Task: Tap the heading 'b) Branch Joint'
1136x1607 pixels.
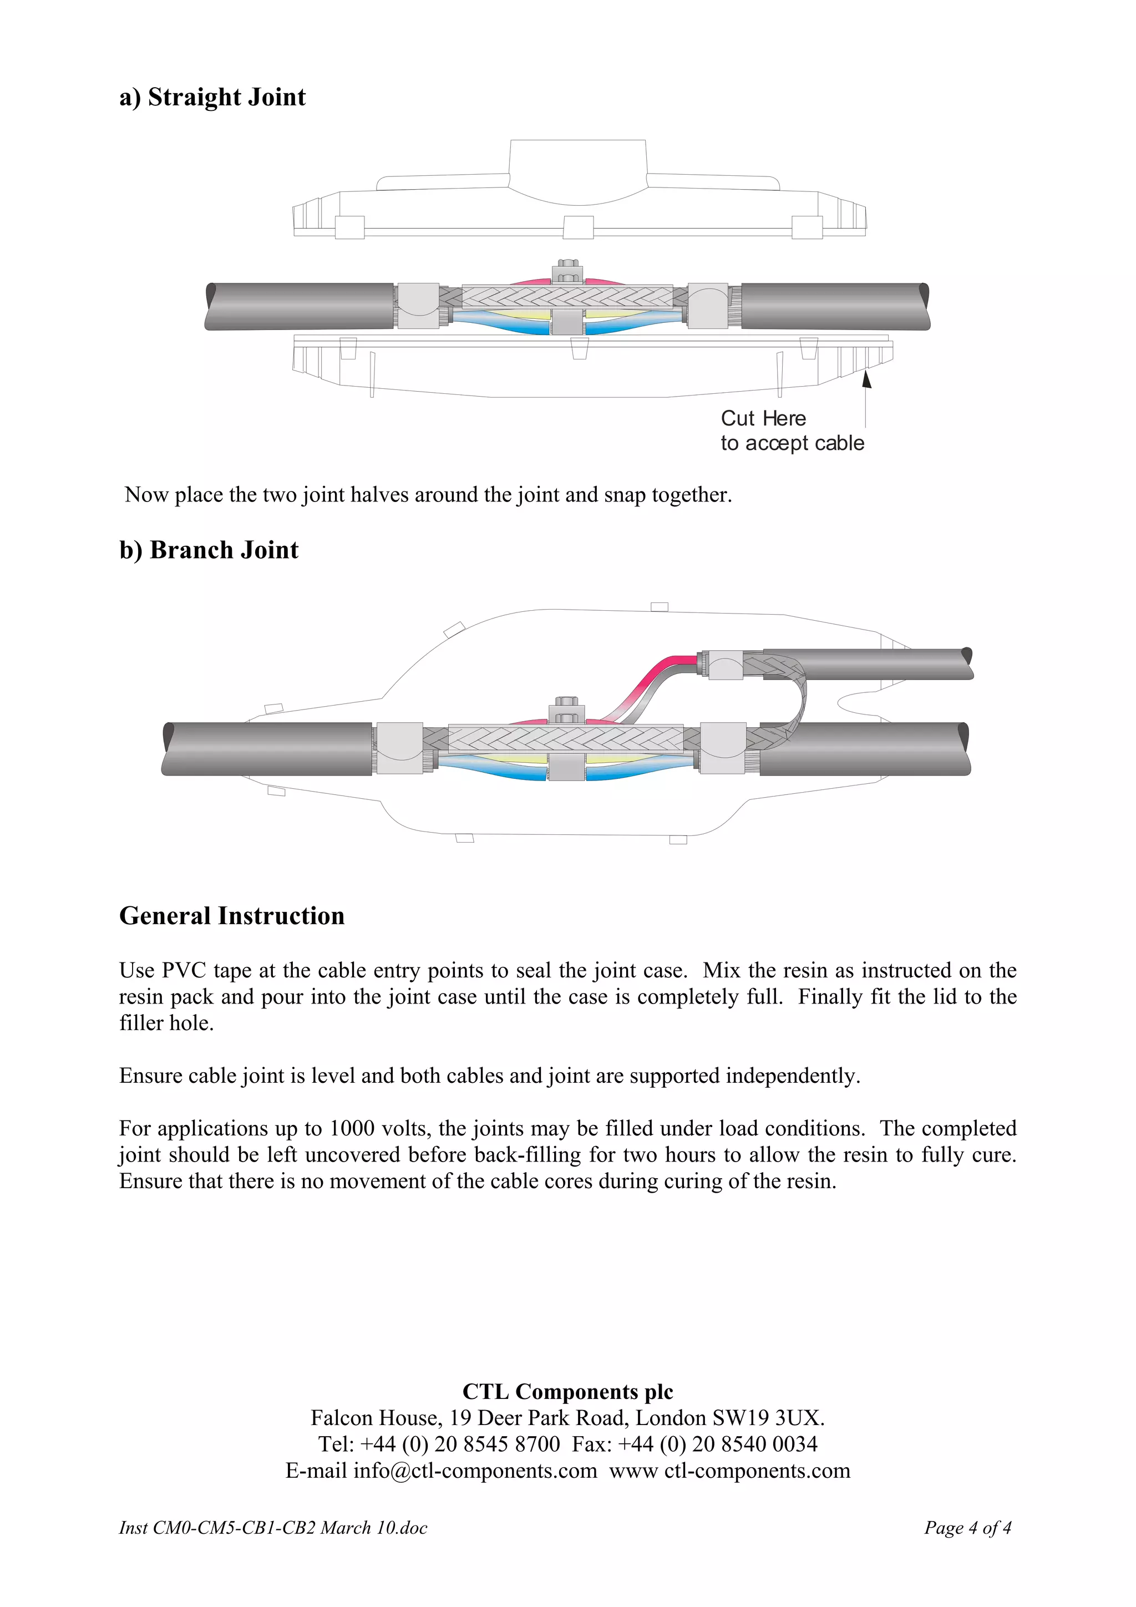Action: pos(209,550)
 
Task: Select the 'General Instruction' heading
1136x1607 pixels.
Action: pos(232,916)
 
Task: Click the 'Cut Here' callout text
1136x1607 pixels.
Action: pos(763,419)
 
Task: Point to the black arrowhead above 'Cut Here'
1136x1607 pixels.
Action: pos(866,379)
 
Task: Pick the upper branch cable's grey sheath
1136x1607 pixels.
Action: pos(868,663)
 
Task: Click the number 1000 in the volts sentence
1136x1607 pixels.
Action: pos(352,1129)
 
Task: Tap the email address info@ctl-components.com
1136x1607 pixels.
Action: pos(475,1471)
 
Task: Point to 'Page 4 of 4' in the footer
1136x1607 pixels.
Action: pos(967,1528)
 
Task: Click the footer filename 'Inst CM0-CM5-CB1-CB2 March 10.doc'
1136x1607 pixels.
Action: pos(273,1528)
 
